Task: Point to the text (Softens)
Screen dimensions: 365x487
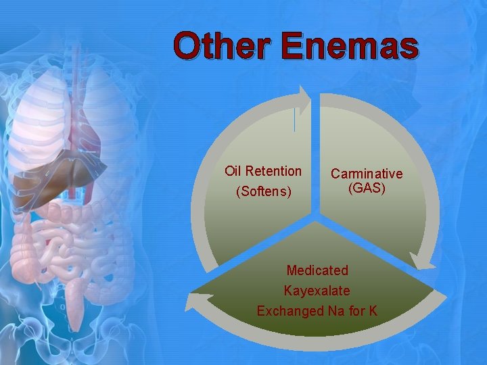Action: pos(263,192)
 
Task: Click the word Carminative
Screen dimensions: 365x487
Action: pos(367,174)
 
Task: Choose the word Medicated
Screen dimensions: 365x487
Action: pos(317,270)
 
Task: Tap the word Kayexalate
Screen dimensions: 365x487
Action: pos(317,291)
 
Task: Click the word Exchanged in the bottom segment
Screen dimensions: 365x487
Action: pos(289,311)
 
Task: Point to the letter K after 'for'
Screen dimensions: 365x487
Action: pos(373,311)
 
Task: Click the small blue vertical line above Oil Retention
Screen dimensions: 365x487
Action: pos(294,120)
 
